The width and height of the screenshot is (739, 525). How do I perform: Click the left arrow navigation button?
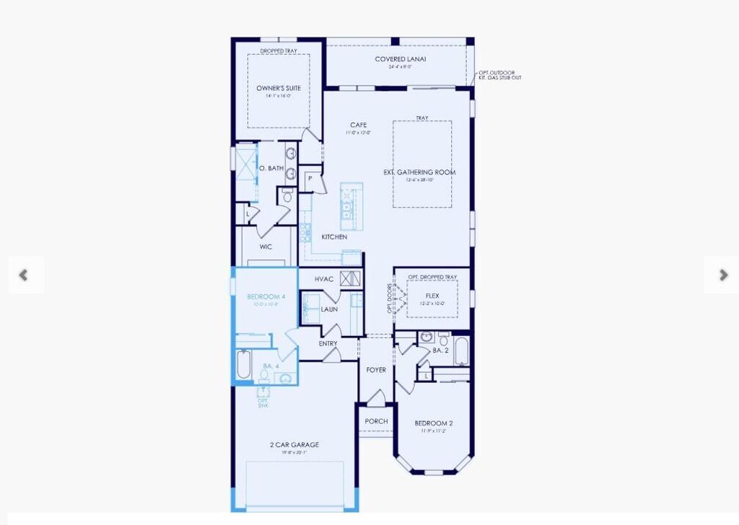click(24, 275)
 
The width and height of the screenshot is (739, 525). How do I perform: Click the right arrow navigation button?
click(723, 275)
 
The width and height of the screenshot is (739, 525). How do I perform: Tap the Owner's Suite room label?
click(279, 88)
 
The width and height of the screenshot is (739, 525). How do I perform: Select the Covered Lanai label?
click(400, 59)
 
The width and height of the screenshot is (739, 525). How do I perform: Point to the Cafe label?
click(358, 125)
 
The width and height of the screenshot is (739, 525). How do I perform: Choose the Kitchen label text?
click(334, 237)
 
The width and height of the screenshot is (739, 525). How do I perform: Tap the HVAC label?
click(324, 279)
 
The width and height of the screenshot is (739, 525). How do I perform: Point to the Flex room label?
click(432, 296)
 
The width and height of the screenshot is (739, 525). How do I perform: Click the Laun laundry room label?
click(329, 309)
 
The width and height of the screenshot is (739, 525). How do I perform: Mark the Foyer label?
click(376, 370)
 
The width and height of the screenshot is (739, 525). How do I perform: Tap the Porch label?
click(376, 421)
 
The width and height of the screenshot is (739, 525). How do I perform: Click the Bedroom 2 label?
click(433, 423)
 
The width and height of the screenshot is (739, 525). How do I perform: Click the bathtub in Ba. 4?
click(243, 365)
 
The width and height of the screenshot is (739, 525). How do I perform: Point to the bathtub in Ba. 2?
click(461, 352)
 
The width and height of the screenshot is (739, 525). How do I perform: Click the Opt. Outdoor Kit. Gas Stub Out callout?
click(499, 75)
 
